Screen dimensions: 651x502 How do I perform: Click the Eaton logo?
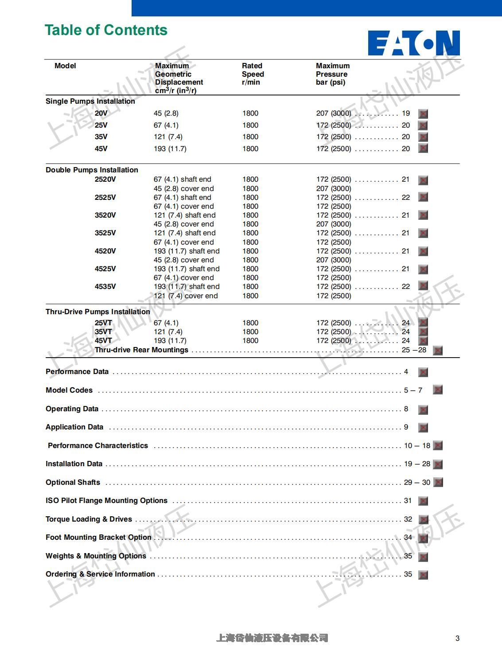click(x=413, y=43)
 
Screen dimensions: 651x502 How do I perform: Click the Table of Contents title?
click(x=106, y=30)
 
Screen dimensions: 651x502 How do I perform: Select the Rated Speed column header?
click(x=253, y=74)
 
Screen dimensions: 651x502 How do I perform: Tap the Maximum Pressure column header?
click(x=332, y=74)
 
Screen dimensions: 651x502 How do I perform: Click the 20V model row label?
click(x=101, y=113)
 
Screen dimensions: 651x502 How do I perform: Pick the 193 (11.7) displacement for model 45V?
click(x=170, y=149)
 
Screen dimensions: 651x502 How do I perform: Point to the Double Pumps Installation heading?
click(x=92, y=170)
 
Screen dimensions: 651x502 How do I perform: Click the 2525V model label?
click(x=105, y=198)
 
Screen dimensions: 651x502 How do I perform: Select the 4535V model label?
click(x=105, y=287)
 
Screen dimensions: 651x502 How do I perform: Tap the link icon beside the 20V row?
click(x=423, y=114)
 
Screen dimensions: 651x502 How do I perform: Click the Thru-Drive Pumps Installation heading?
click(x=97, y=312)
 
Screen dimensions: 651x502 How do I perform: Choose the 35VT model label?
click(x=103, y=332)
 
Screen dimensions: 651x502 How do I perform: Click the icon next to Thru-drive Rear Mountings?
click(x=437, y=351)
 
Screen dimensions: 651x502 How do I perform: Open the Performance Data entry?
click(x=77, y=372)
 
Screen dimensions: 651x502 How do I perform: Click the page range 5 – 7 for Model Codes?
click(x=413, y=390)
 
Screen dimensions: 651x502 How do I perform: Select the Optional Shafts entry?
click(x=73, y=483)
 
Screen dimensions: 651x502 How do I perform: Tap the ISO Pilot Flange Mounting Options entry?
click(x=106, y=501)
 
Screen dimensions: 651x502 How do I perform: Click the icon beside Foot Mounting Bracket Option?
click(x=423, y=538)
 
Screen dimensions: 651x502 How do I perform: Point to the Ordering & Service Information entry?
click(x=100, y=574)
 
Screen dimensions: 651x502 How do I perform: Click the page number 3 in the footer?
click(x=457, y=639)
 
